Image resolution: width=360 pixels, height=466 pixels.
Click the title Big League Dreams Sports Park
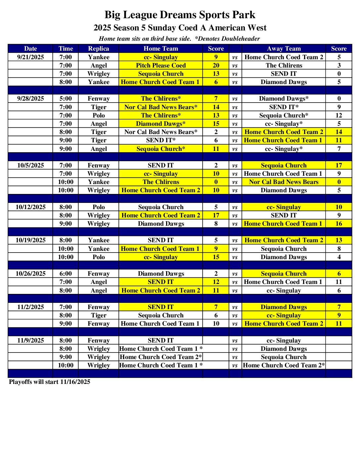click(180, 15)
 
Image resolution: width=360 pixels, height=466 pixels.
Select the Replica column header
click(98, 49)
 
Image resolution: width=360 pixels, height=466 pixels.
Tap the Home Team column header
click(160, 49)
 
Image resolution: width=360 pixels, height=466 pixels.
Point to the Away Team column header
click(284, 49)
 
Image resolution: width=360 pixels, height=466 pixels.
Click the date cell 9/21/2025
click(30, 57)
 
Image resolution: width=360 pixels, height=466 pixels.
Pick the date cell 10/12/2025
click(30, 207)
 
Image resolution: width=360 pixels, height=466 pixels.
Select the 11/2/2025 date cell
click(30, 307)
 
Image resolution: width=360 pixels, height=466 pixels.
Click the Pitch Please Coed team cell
click(160, 66)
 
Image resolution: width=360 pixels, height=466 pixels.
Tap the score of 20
click(216, 66)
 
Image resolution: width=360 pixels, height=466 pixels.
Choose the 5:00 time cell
click(66, 99)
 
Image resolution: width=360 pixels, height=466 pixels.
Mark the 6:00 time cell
click(66, 274)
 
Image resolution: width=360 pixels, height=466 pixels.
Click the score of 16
click(338, 224)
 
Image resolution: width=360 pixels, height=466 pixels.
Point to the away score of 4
click(338, 257)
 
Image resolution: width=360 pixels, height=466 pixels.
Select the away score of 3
click(338, 66)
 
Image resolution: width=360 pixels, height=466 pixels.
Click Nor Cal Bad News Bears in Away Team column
click(284, 182)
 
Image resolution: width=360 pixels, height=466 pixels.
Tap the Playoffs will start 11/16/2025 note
click(50, 382)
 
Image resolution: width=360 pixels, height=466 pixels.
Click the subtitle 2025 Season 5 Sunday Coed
click(180, 28)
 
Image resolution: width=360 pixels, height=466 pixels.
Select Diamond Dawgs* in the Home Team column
click(160, 124)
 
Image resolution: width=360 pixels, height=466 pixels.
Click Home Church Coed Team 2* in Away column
click(284, 365)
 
